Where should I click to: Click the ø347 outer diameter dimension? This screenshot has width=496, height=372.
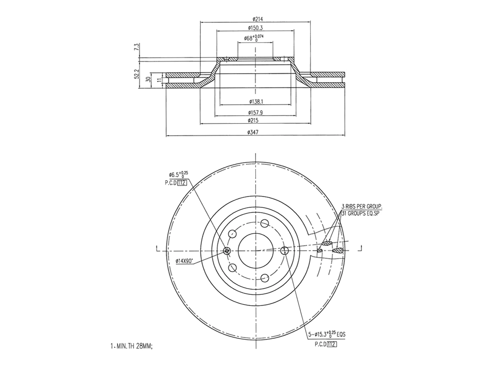click(x=253, y=132)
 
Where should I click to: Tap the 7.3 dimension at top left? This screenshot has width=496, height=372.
click(x=136, y=48)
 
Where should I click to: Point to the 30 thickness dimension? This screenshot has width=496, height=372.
click(x=148, y=79)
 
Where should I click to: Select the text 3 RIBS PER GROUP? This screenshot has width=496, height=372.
click(x=361, y=206)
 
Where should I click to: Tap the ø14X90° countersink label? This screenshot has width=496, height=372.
click(x=184, y=261)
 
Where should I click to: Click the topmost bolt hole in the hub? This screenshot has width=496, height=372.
click(x=264, y=223)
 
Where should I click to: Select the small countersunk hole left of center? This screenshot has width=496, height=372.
click(x=227, y=251)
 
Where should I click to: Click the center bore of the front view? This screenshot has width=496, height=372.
click(x=255, y=250)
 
